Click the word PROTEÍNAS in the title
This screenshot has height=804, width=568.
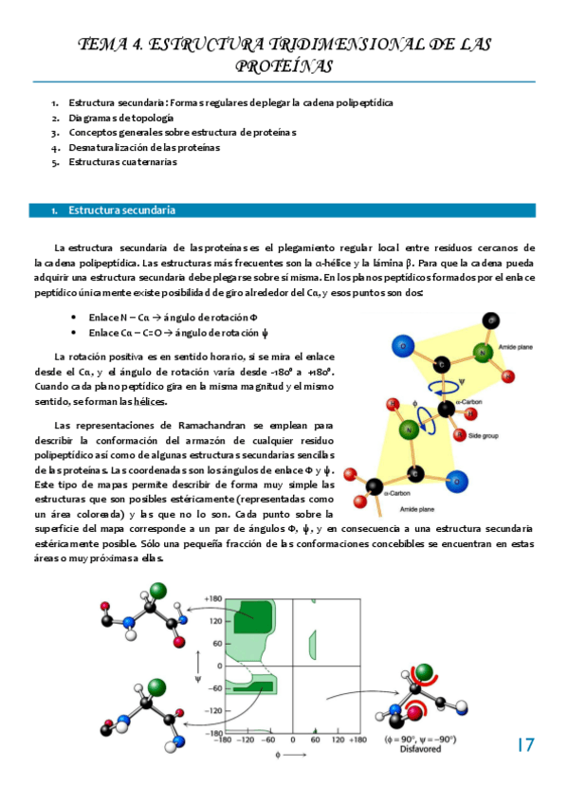(x=284, y=65)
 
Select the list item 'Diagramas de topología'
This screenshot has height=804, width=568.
(x=120, y=118)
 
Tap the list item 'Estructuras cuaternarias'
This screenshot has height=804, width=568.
(x=123, y=162)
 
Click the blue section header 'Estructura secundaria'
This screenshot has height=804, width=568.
(x=120, y=210)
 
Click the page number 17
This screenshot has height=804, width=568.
(x=526, y=744)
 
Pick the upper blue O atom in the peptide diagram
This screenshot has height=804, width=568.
(x=377, y=347)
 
